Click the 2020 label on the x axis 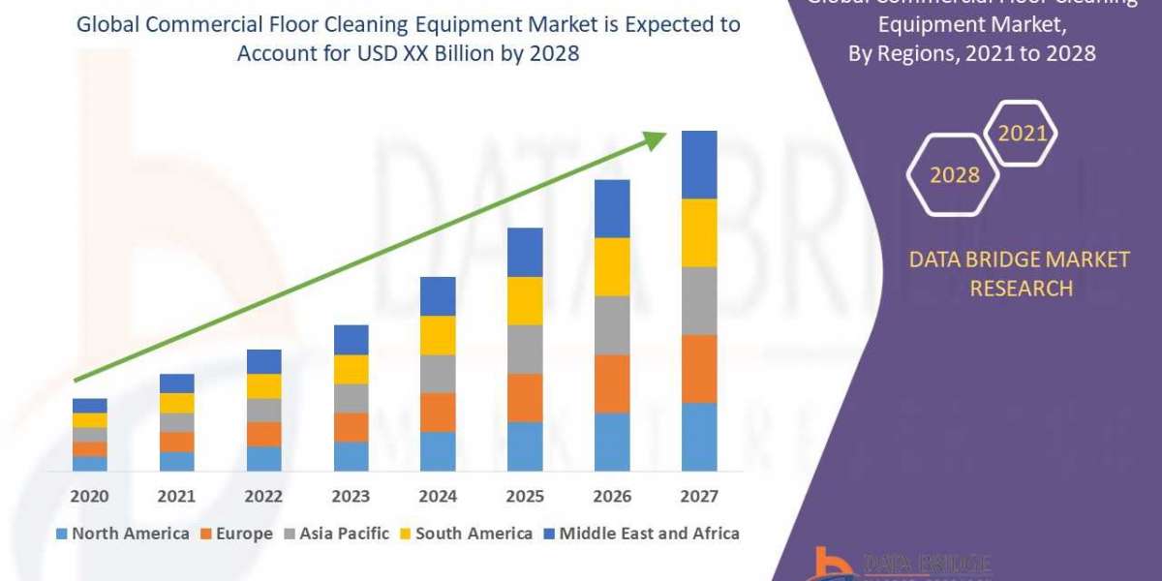click(89, 497)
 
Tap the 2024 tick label click(438, 497)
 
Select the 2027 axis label click(699, 497)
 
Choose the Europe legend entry click(236, 534)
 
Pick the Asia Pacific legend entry click(335, 534)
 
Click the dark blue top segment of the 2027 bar click(699, 165)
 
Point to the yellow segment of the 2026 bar click(612, 266)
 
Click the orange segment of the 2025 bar click(525, 397)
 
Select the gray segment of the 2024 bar click(438, 373)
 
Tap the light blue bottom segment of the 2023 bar click(351, 456)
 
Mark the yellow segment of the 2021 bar click(176, 403)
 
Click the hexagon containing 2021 click(1022, 134)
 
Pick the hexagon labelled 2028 click(954, 174)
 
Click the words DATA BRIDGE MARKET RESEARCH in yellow click(1021, 274)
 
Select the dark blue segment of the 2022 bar click(263, 361)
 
